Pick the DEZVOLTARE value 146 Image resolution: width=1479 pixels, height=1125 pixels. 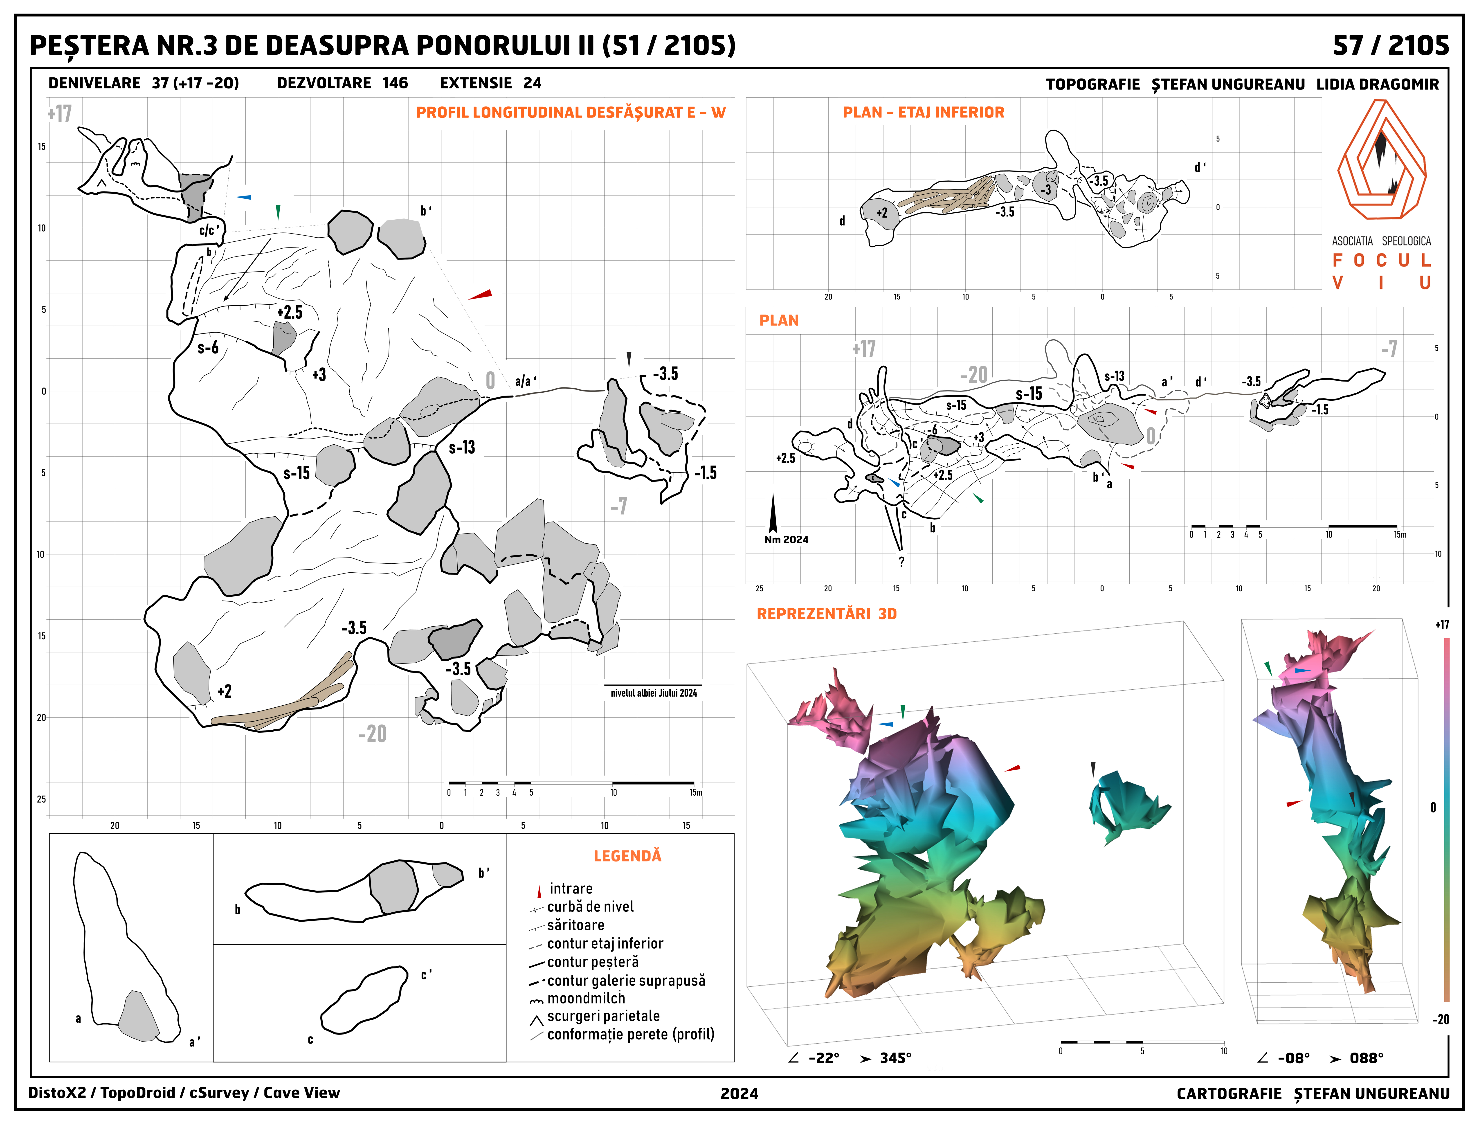coord(395,83)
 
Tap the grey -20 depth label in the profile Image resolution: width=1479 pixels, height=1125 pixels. coord(372,734)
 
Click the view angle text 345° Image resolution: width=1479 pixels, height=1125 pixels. coord(895,1058)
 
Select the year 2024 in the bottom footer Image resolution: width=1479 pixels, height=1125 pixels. coord(739,1093)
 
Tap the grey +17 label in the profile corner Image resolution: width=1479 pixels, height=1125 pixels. coord(60,114)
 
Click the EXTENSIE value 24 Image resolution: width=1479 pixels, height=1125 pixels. coord(532,83)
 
